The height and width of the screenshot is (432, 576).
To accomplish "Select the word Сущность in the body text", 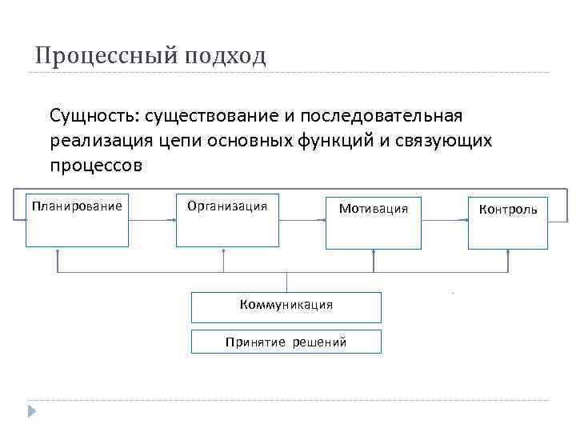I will (90, 117).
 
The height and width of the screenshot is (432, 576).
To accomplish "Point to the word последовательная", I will (396, 117).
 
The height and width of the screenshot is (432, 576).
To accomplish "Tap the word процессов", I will (96, 166).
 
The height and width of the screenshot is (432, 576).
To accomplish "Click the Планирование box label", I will (77, 206).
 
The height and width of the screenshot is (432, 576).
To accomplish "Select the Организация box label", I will (227, 206).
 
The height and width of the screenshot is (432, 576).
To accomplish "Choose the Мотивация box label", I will (374, 209).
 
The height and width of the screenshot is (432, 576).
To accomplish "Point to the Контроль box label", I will (508, 210).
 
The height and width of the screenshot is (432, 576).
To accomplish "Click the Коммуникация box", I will (286, 305).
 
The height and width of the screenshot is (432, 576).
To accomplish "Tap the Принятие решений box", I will (286, 342).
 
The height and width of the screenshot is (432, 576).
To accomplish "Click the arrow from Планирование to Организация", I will (151, 219).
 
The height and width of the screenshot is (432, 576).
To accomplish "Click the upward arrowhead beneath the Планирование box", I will (57, 252).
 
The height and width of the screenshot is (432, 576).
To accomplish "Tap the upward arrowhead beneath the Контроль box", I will (509, 252).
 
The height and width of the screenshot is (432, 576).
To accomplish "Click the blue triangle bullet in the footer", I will (33, 410).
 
